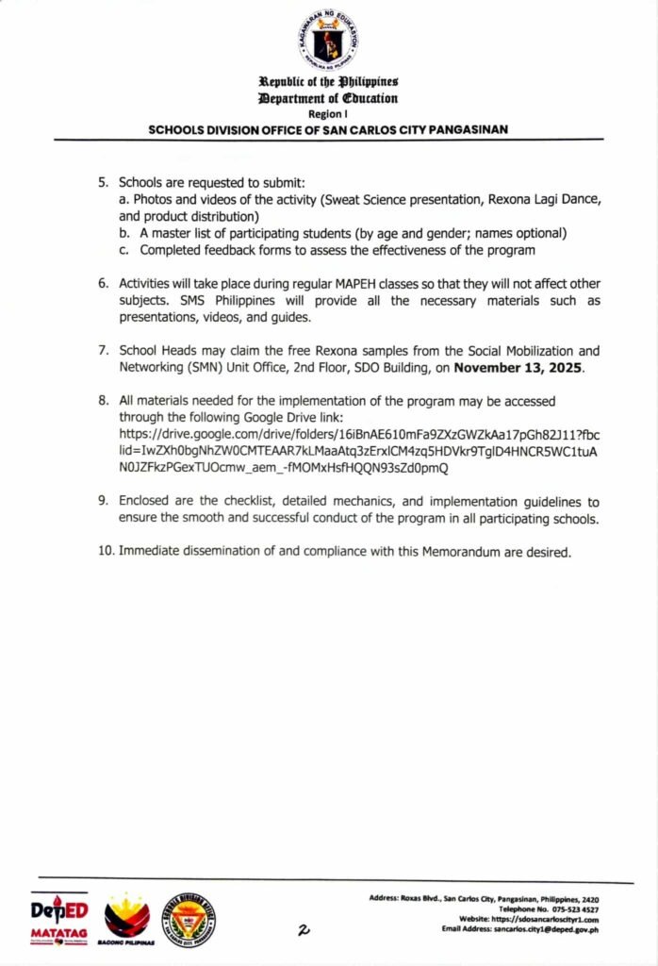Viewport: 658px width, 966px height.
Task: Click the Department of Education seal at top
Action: [x=328, y=40]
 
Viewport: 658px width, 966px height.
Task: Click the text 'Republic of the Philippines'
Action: [x=328, y=83]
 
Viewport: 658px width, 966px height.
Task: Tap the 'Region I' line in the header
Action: [x=328, y=113]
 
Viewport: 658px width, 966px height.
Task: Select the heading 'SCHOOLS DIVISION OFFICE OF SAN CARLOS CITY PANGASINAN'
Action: [x=328, y=128]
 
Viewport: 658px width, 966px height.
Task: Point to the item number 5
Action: [x=104, y=181]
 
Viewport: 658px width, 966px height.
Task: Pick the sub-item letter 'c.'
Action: [x=124, y=250]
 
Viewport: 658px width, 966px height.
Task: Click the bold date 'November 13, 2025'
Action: [x=518, y=369]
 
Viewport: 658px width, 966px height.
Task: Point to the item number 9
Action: [x=104, y=502]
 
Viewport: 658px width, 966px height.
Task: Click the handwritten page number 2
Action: [x=304, y=930]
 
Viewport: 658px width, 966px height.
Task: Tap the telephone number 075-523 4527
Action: [x=569, y=908]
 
